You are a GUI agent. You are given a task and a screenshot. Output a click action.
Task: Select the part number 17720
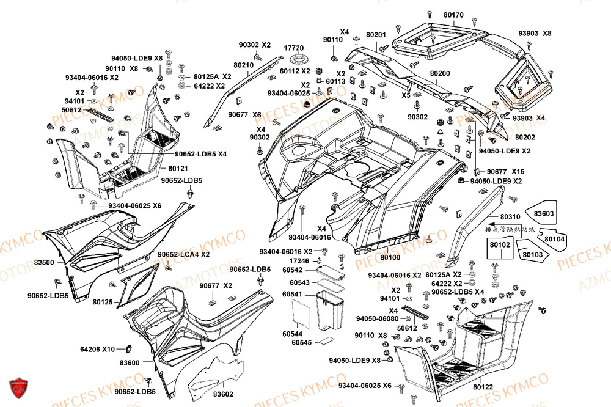pyautogui.click(x=294, y=48)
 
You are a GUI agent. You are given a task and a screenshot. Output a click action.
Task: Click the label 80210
pyautogui.click(x=244, y=65)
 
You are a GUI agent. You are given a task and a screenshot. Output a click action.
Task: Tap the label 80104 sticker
pyautogui.click(x=554, y=239)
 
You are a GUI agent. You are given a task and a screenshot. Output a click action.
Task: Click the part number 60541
pyautogui.click(x=292, y=295)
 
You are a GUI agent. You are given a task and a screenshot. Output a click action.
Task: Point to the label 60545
pyautogui.click(x=301, y=343)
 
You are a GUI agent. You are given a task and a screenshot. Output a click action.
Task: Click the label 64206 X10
pyautogui.click(x=98, y=350)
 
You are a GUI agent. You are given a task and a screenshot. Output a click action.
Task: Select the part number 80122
pyautogui.click(x=482, y=387)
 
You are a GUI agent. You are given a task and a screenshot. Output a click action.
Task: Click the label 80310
pyautogui.click(x=510, y=216)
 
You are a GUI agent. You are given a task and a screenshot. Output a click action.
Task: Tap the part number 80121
pyautogui.click(x=178, y=167)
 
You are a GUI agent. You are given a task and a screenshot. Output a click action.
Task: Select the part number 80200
pyautogui.click(x=439, y=73)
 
